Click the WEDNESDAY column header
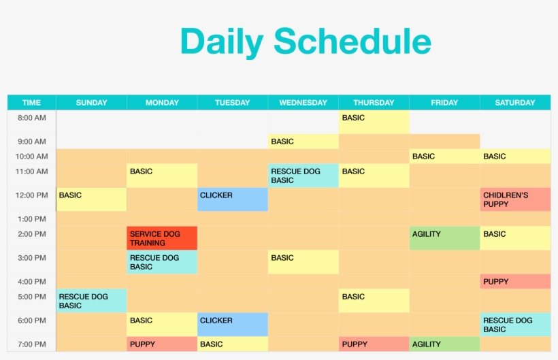[303, 103]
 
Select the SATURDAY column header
[515, 103]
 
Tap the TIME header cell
[31, 103]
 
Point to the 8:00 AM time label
[31, 118]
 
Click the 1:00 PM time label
[31, 219]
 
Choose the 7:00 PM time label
[31, 344]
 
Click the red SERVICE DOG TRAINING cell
[162, 238]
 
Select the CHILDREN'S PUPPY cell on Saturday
[515, 199]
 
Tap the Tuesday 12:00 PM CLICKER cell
[233, 199]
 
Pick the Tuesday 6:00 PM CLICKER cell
[233, 325]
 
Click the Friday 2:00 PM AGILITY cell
[444, 238]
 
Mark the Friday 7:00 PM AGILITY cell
[444, 344]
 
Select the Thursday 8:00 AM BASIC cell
[374, 122]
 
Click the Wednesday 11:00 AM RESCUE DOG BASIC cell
[303, 176]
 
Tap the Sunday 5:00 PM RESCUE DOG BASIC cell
[91, 301]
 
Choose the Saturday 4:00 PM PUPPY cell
[515, 282]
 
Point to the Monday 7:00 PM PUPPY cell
[162, 344]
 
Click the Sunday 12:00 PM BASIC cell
[91, 199]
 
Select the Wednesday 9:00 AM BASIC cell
[303, 142]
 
